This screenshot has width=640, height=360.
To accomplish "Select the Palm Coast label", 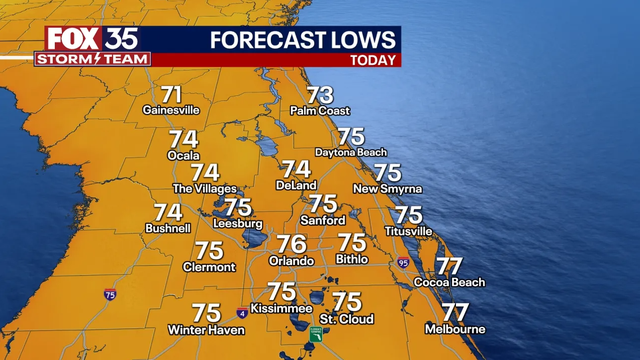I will click(x=319, y=110).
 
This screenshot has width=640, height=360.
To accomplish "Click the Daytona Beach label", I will click(x=351, y=152).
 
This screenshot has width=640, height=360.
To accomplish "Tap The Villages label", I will click(x=205, y=188).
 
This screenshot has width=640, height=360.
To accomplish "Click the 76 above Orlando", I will click(x=291, y=244).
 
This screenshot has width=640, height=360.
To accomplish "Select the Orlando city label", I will click(x=292, y=260).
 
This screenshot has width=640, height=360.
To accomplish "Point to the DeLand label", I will click(x=296, y=185).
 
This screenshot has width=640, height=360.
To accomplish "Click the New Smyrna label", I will click(x=387, y=188).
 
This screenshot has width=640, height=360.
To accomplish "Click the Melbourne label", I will click(x=455, y=329).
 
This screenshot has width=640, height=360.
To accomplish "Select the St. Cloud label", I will click(x=347, y=319).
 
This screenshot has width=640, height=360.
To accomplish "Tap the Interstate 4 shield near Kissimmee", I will click(x=241, y=312).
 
